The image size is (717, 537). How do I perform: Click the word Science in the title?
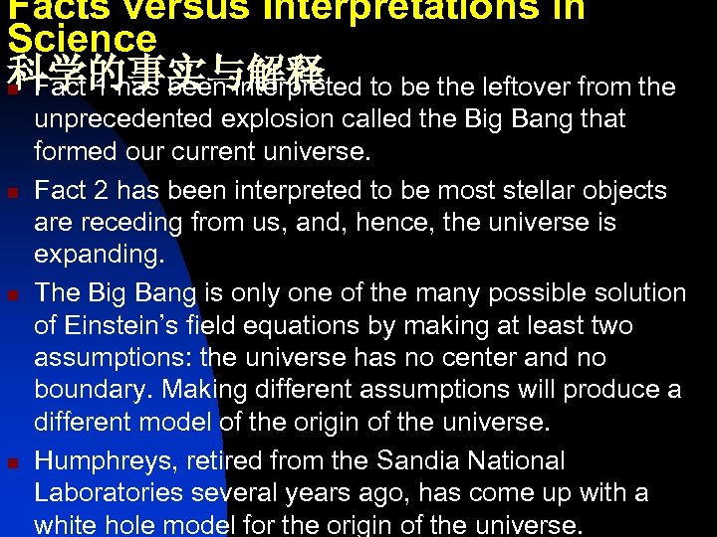tap(82, 38)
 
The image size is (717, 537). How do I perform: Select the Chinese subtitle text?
tap(165, 72)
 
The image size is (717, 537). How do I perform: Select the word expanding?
tap(99, 254)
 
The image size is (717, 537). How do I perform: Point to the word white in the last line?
tap(63, 525)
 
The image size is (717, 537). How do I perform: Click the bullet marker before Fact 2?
tap(11, 191)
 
